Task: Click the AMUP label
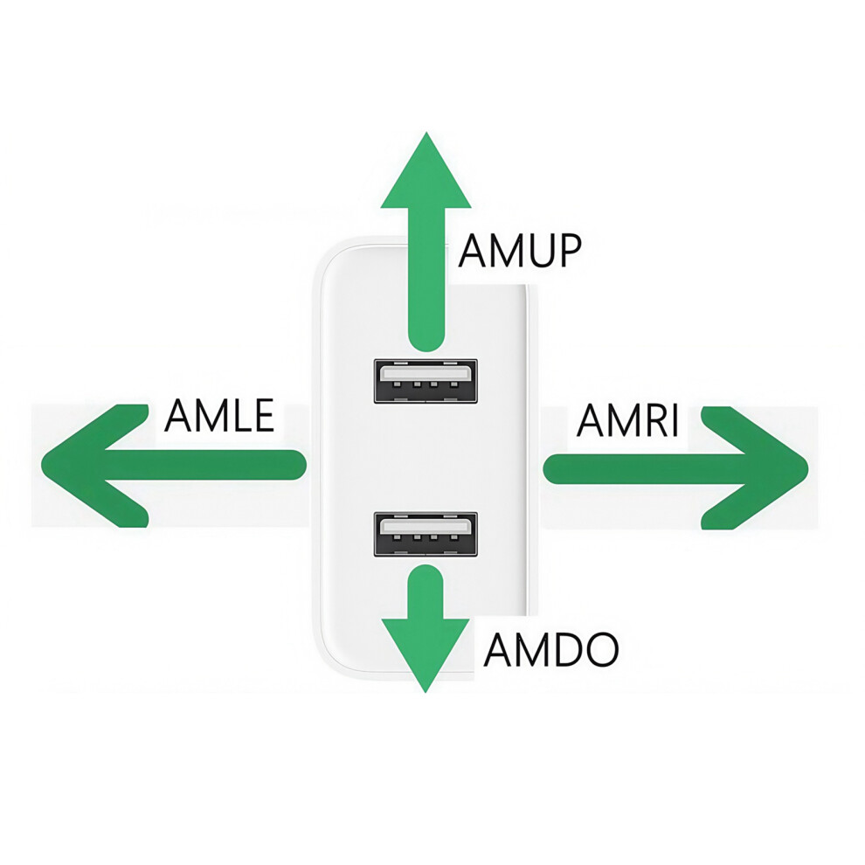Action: coord(520,251)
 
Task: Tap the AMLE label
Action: coord(219,415)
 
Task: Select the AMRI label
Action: coord(628,420)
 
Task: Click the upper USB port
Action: coord(426,381)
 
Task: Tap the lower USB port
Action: coord(426,534)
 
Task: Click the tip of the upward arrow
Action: coord(426,133)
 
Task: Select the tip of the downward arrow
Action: coord(426,692)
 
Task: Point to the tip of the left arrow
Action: coord(43,465)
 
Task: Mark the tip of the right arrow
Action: coord(807,468)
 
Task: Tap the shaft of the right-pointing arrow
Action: coord(646,469)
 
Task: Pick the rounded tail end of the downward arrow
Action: coord(425,574)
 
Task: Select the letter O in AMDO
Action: coord(601,649)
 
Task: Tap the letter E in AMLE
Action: coord(264,415)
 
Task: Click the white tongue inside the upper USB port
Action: coord(426,373)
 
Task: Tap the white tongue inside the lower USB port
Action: coord(426,527)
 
